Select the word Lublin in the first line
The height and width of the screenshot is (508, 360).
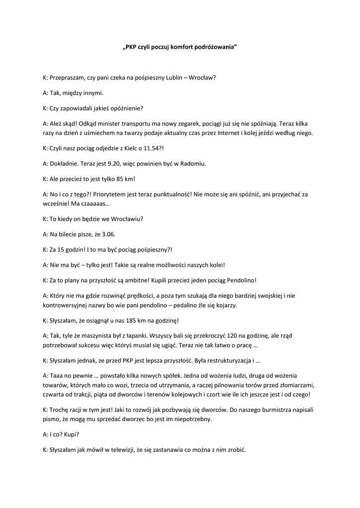pyautogui.click(x=177, y=78)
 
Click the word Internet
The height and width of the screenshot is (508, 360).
pyautogui.click(x=219, y=133)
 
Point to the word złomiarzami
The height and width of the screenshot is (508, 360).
pyautogui.click(x=293, y=385)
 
